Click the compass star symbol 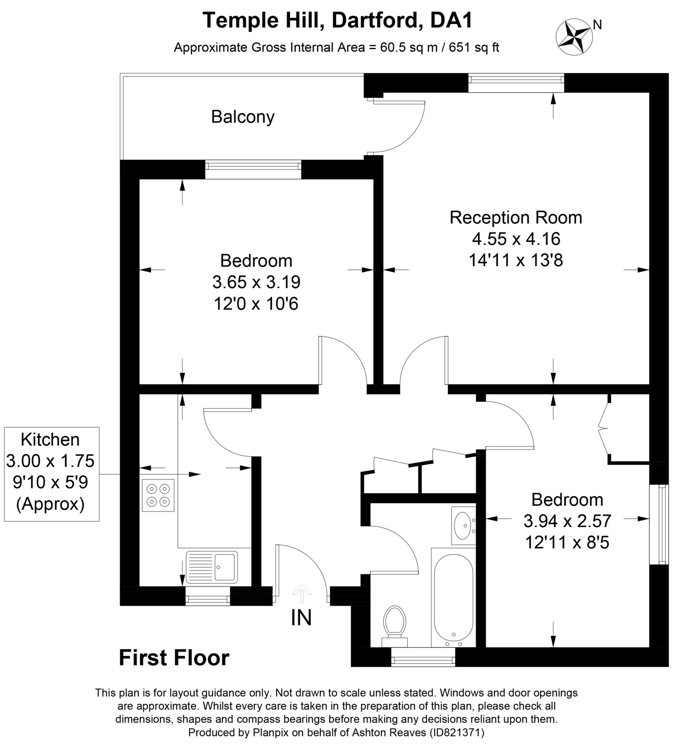pyautogui.click(x=574, y=37)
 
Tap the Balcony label pyautogui.click(x=243, y=117)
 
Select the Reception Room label pyautogui.click(x=516, y=217)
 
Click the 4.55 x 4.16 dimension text pyautogui.click(x=516, y=239)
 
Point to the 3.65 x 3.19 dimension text pyautogui.click(x=256, y=282)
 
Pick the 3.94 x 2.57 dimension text pyautogui.click(x=568, y=521)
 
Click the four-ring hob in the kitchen pyautogui.click(x=158, y=495)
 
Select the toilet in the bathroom pyautogui.click(x=395, y=626)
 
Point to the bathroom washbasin pyautogui.click(x=463, y=526)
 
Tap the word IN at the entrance pyautogui.click(x=301, y=618)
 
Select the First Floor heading pyautogui.click(x=174, y=659)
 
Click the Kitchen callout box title pyautogui.click(x=50, y=440)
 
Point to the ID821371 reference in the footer pyautogui.click(x=457, y=732)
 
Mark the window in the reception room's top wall pyautogui.click(x=516, y=83)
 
